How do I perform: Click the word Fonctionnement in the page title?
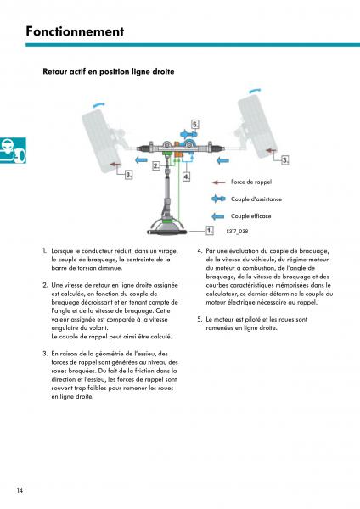75,31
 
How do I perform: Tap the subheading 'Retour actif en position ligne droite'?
109,71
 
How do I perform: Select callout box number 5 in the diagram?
195,125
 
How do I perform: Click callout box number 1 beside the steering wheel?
210,231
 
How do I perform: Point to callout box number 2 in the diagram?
156,166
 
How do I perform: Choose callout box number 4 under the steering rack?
187,176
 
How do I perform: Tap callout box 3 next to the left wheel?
129,175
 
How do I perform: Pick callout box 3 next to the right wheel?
285,159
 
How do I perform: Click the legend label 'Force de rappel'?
251,182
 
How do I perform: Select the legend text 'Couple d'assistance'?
256,199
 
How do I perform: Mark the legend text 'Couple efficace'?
250,215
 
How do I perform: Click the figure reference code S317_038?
237,231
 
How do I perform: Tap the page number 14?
20,490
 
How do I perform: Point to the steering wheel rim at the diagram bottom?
167,232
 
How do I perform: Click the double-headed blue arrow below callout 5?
188,134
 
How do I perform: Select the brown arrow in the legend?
219,182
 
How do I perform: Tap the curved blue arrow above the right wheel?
255,91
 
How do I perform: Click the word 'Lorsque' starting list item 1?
62,251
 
